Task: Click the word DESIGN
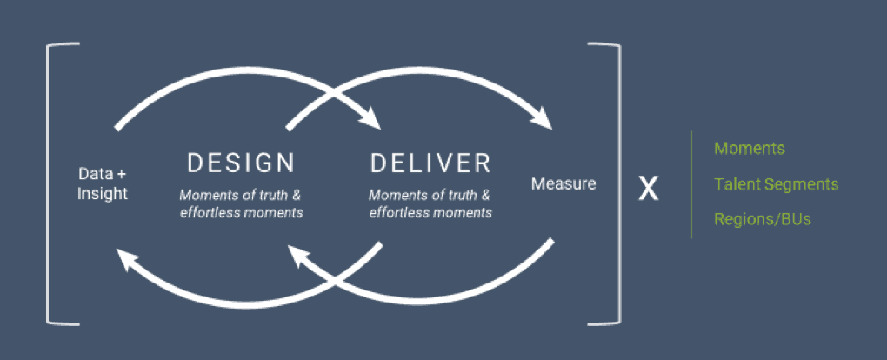pyautogui.click(x=241, y=163)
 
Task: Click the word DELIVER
pyautogui.click(x=430, y=163)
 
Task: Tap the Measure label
pyautogui.click(x=564, y=183)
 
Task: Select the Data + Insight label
pyautogui.click(x=103, y=183)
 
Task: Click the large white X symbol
pyautogui.click(x=648, y=189)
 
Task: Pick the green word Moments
pyautogui.click(x=750, y=149)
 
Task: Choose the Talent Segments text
pyautogui.click(x=776, y=184)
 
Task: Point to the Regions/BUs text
pyautogui.click(x=763, y=219)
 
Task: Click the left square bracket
pyautogui.click(x=50, y=184)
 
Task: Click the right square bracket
pyautogui.click(x=619, y=184)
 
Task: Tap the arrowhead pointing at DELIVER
pyautogui.click(x=370, y=118)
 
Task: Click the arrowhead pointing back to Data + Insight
pyautogui.click(x=128, y=260)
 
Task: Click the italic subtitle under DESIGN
pyautogui.click(x=241, y=204)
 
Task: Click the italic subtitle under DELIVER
pyautogui.click(x=430, y=204)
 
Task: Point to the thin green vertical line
pyautogui.click(x=691, y=184)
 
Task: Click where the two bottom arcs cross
pyautogui.click(x=335, y=280)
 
